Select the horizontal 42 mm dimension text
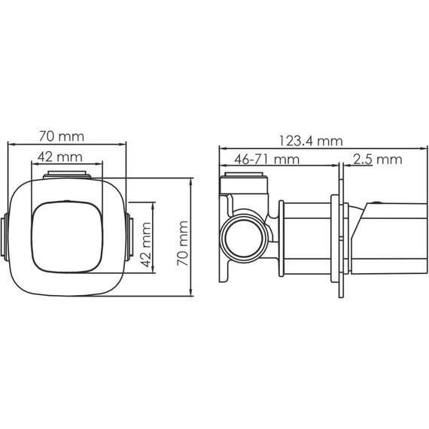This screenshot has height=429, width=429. coord(59,157)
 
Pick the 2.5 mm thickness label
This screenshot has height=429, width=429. coord(376,159)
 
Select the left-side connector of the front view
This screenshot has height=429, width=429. coord(5,236)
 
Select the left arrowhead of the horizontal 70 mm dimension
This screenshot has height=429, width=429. coord(9,143)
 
